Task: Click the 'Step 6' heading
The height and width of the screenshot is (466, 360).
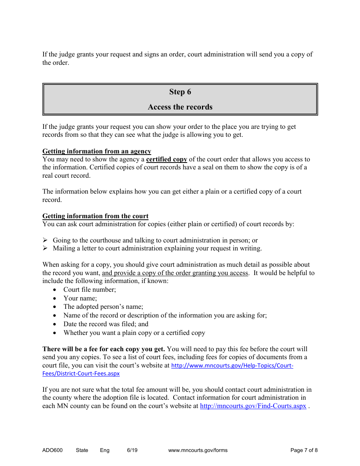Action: [180, 92]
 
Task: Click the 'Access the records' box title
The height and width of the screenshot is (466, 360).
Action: [180, 107]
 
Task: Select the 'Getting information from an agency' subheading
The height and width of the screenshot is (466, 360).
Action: [97, 152]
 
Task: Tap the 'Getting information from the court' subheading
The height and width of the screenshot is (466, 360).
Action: [95, 216]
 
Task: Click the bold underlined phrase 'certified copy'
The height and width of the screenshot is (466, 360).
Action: [167, 160]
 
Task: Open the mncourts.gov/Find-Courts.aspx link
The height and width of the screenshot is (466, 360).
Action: [253, 406]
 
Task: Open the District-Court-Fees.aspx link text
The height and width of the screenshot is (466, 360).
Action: [81, 374]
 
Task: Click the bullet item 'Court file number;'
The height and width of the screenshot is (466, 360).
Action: [90, 290]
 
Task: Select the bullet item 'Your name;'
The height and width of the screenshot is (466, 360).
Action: [80, 299]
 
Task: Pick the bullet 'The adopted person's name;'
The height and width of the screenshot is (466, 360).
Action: [103, 307]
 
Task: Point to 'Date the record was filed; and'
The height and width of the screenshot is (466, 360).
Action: [106, 324]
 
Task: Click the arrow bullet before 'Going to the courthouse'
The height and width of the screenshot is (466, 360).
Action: [45, 240]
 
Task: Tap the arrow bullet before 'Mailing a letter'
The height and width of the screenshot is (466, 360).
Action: [45, 249]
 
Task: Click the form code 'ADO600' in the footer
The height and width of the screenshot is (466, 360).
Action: [52, 450]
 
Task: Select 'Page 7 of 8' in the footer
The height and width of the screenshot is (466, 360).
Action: [304, 450]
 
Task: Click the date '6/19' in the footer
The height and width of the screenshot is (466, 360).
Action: [132, 450]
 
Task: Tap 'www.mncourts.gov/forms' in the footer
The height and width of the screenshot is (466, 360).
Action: [198, 450]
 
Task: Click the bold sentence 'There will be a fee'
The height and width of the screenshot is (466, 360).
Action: [103, 349]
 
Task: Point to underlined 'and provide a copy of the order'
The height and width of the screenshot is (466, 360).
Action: [175, 273]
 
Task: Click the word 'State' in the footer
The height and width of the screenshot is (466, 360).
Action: [82, 450]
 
